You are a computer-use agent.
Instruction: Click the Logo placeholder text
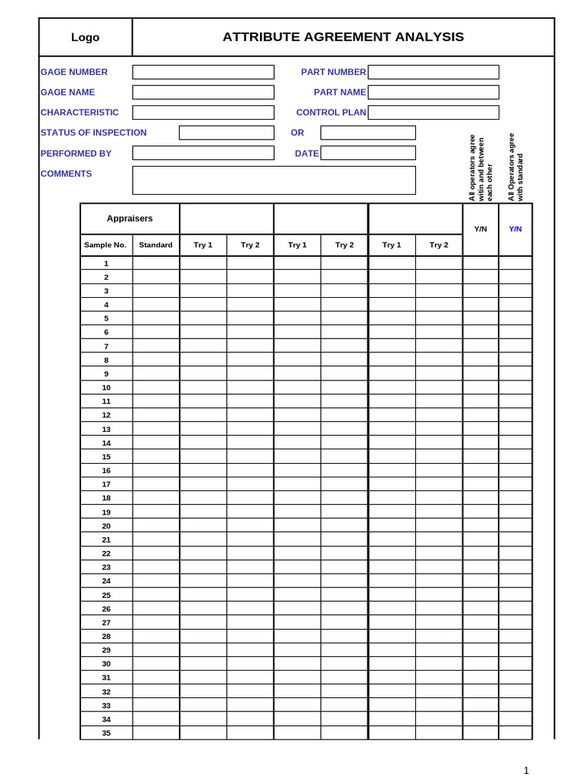click(85, 38)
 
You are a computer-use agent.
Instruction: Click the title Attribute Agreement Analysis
click(343, 37)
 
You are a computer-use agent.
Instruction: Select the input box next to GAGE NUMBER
click(203, 72)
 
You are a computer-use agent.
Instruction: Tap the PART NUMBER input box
click(433, 72)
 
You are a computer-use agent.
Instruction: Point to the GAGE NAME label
click(67, 92)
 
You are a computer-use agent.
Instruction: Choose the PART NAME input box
click(433, 92)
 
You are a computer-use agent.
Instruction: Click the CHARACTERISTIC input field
click(203, 112)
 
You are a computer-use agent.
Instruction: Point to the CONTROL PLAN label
click(330, 112)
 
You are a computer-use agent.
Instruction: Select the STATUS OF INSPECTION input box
click(226, 133)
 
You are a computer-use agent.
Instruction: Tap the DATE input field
click(368, 153)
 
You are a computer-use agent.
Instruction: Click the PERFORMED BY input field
click(203, 153)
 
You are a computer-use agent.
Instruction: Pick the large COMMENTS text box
click(274, 180)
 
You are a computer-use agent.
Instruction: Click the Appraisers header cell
click(130, 218)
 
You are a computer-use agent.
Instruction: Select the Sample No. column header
click(105, 245)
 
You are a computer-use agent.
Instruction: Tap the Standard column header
click(155, 245)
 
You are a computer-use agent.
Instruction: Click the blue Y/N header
click(515, 229)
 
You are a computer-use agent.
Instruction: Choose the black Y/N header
click(480, 229)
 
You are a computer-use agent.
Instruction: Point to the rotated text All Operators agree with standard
click(515, 167)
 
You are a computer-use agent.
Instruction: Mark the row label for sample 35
click(106, 733)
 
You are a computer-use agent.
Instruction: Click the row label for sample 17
click(106, 484)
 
